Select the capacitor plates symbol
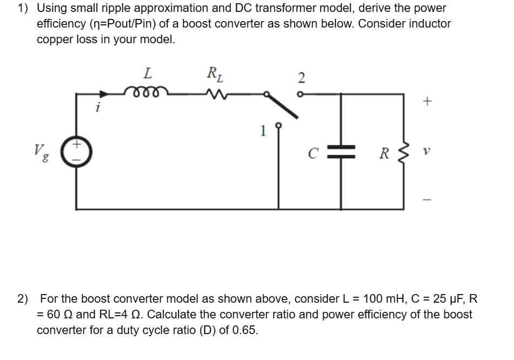pyautogui.click(x=341, y=151)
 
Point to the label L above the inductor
pyautogui.click(x=148, y=72)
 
